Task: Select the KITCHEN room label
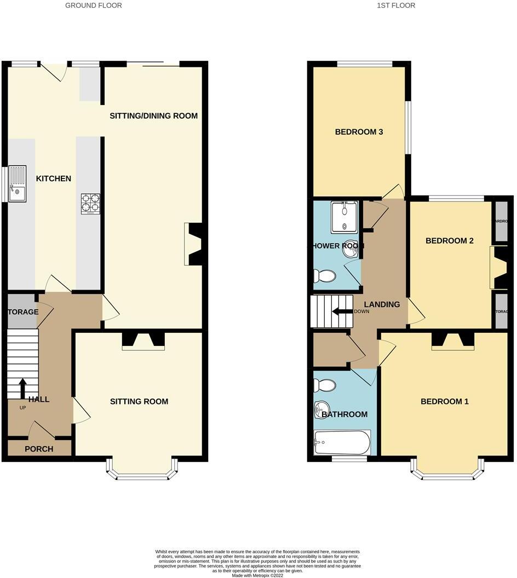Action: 54,178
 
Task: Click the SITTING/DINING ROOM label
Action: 153,115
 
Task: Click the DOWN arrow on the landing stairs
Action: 343,311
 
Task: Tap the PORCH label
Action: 39,449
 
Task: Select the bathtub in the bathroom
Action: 342,441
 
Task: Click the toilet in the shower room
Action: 324,275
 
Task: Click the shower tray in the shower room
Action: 344,217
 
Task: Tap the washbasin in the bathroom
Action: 320,408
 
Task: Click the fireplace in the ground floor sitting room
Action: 143,340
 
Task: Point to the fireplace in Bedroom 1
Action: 452,340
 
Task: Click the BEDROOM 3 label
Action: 359,132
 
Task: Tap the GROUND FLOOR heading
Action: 94,5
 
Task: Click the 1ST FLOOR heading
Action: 396,5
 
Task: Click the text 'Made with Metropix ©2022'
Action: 258,575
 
